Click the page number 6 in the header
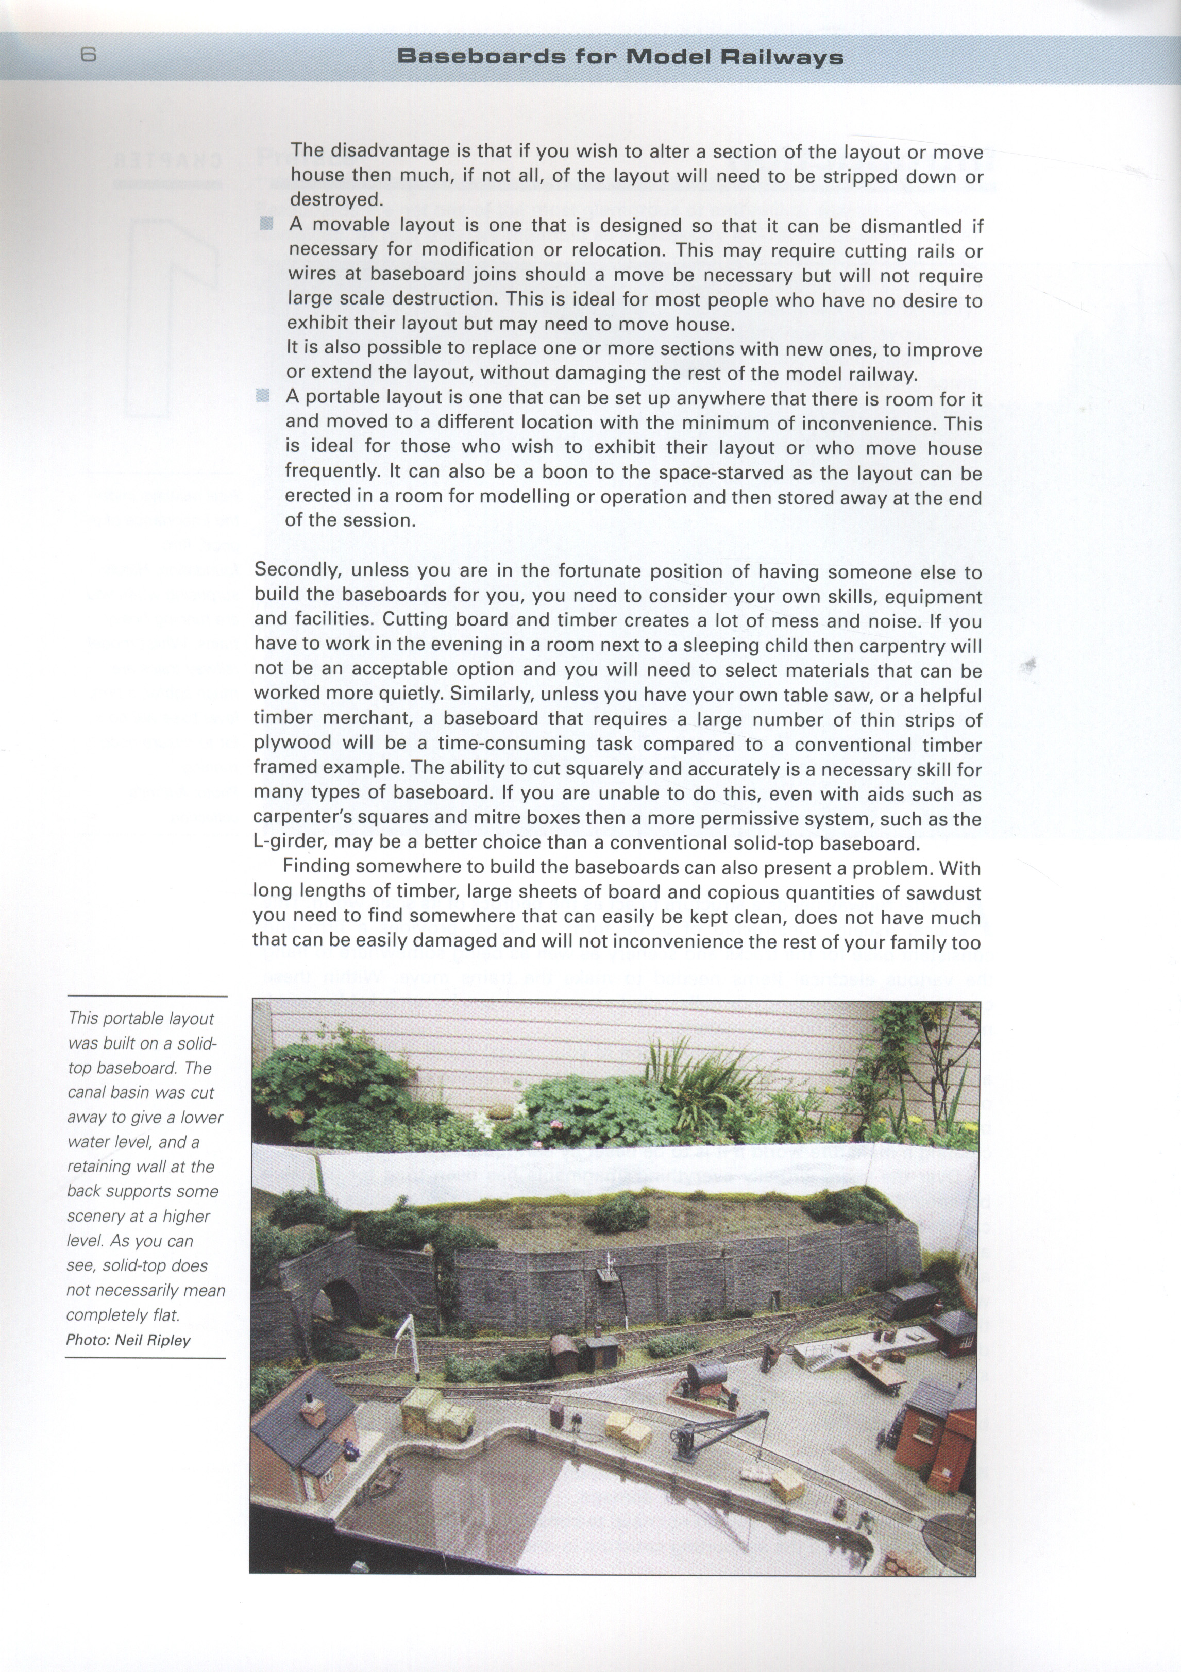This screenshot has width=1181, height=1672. click(x=88, y=55)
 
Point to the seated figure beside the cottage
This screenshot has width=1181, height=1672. click(x=352, y=1449)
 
